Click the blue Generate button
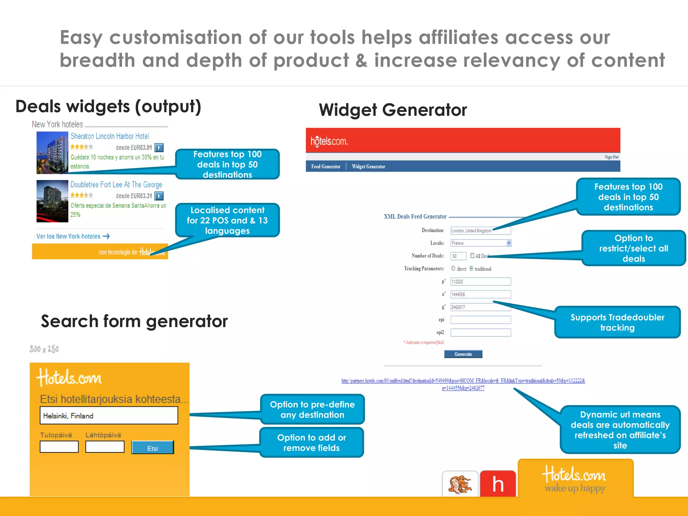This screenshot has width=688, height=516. (x=463, y=354)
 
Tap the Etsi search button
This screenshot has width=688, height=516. (x=153, y=448)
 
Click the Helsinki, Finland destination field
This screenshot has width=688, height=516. (x=109, y=416)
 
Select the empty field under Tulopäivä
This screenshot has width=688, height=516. (x=59, y=447)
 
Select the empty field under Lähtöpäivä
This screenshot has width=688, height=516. (x=105, y=447)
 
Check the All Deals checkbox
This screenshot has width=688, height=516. (x=472, y=256)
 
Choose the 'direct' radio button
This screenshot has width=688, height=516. (x=453, y=268)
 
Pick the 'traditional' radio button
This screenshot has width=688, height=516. (x=471, y=268)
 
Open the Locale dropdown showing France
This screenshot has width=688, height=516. (x=480, y=243)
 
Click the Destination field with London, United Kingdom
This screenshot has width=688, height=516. (x=480, y=230)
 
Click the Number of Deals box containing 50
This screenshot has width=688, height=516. (x=458, y=256)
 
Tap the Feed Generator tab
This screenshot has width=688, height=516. (x=326, y=167)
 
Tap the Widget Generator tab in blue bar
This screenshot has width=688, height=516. (x=369, y=167)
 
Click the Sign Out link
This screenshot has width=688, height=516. (x=611, y=157)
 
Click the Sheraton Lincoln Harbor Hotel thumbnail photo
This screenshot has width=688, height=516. (x=52, y=153)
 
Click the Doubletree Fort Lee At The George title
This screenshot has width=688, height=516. (x=116, y=184)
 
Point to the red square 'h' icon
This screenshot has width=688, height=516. (x=498, y=484)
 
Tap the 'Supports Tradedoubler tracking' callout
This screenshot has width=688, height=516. (x=617, y=322)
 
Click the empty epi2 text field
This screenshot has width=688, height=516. (x=480, y=333)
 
